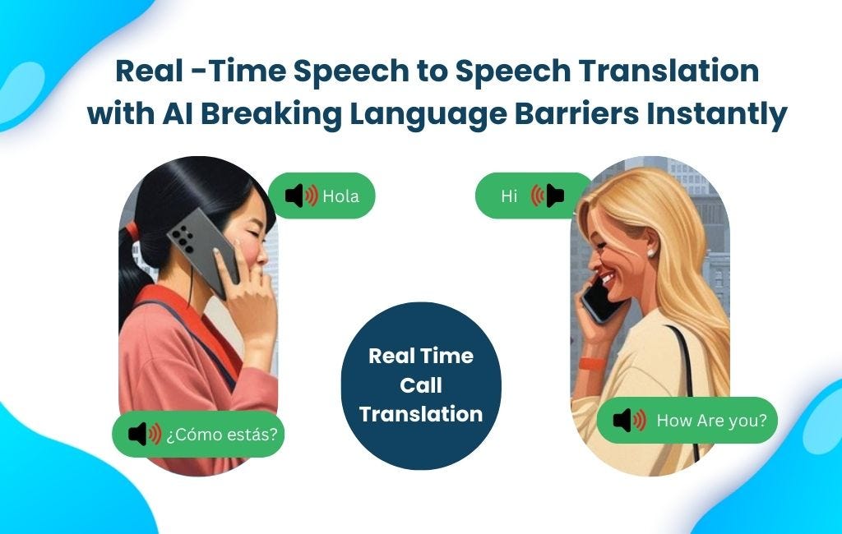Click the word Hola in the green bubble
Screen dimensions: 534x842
tap(340, 196)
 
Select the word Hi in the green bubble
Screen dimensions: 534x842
tap(509, 196)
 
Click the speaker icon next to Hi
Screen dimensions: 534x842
tap(548, 196)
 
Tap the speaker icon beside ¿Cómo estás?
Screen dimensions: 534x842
tap(145, 434)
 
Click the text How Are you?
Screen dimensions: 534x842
tap(711, 421)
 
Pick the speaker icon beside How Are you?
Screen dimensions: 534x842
tap(630, 421)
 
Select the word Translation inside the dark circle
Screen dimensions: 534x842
tap(421, 414)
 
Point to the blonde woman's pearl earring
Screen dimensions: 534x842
tap(651, 253)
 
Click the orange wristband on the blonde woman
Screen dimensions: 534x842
tap(589, 362)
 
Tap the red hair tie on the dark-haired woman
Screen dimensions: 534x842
tap(131, 232)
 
